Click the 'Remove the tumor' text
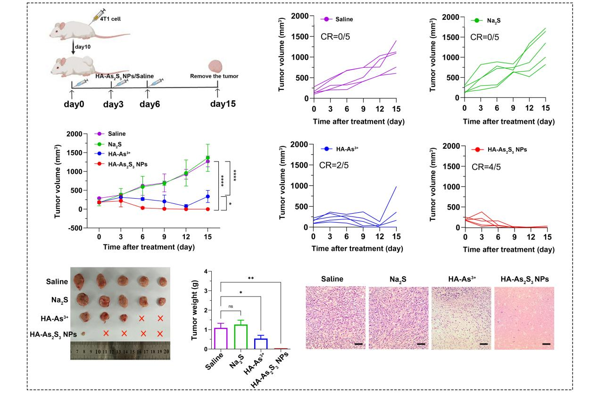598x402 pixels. pyautogui.click(x=214, y=76)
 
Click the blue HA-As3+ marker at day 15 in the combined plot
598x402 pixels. pyautogui.click(x=208, y=197)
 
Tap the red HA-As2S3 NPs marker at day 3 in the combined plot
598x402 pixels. pyautogui.click(x=121, y=201)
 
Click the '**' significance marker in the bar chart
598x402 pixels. pyautogui.click(x=250, y=278)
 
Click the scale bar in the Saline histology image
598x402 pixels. pyautogui.click(x=358, y=344)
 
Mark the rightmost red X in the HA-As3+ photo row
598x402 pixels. pyautogui.click(x=160, y=318)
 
